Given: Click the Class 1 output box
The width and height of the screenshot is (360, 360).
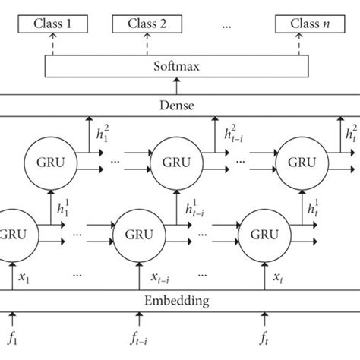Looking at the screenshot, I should [x=52, y=24].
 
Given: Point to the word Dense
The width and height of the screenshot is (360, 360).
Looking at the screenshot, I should [x=178, y=103].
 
